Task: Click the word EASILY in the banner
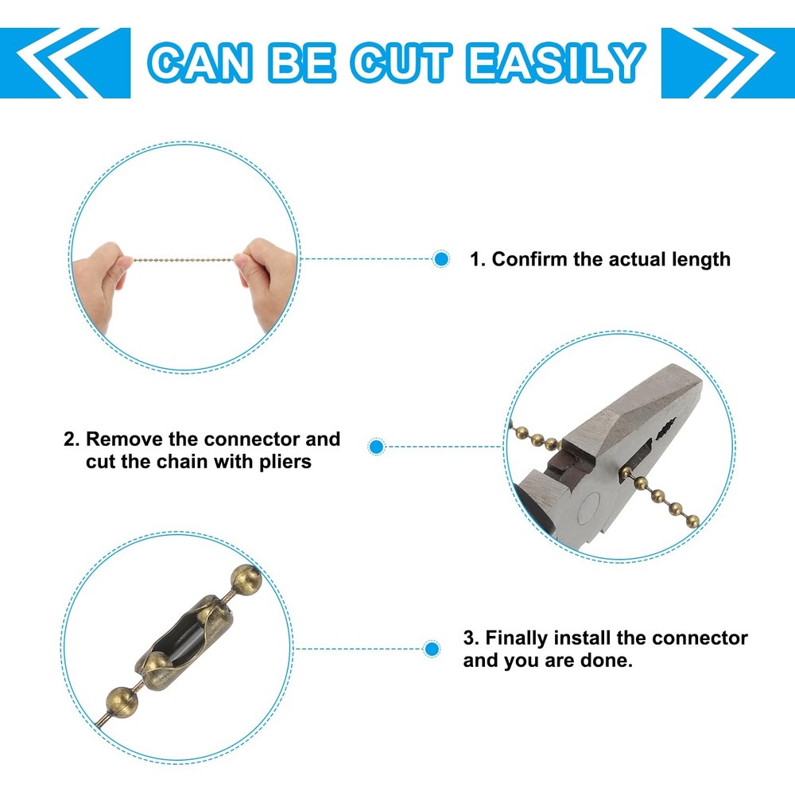[x=556, y=63]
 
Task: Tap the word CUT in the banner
[x=401, y=63]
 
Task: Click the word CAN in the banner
[x=200, y=63]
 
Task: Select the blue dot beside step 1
[x=441, y=259]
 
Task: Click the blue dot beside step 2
[x=376, y=447]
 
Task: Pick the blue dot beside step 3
[x=432, y=649]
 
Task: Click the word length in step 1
[x=701, y=260]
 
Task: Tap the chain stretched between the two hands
[x=184, y=260]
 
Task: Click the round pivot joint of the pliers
[x=588, y=507]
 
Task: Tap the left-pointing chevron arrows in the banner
[x=65, y=63]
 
